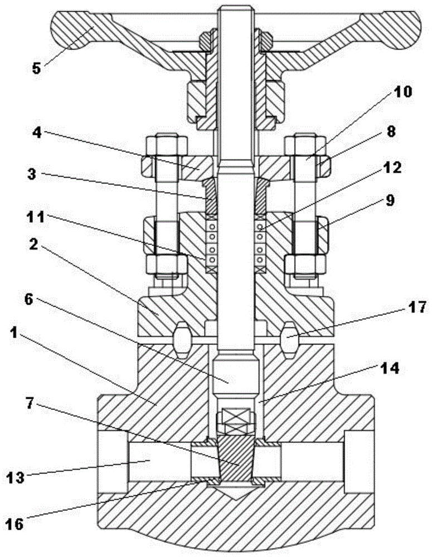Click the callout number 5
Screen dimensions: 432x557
(36, 68)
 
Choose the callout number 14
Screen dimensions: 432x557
(389, 368)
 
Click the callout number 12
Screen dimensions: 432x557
(392, 168)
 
